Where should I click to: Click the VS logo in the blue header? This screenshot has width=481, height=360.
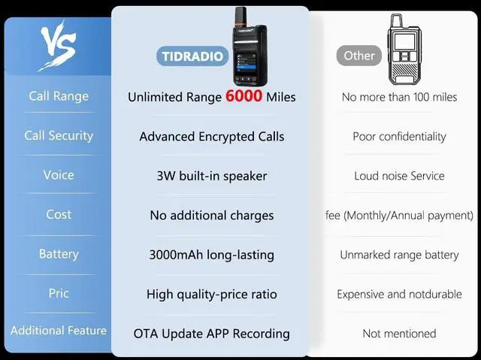tap(58, 44)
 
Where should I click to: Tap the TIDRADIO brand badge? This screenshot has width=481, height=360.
tap(192, 56)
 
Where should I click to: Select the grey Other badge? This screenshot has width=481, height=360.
tap(359, 56)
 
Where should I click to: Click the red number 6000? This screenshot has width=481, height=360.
tap(244, 95)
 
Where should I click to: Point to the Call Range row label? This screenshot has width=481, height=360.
tap(59, 96)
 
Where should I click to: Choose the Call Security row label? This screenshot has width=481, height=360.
tap(59, 135)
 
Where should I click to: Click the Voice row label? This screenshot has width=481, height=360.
tap(59, 175)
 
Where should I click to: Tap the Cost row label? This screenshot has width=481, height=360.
tap(59, 214)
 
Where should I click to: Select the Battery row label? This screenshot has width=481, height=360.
tap(59, 254)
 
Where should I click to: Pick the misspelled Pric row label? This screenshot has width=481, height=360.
tap(59, 293)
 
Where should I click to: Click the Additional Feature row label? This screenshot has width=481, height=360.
tap(59, 330)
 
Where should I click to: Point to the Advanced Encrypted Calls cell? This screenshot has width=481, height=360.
tap(212, 137)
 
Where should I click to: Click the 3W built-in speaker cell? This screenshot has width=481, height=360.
tap(212, 176)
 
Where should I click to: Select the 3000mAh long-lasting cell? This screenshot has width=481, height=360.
tap(212, 255)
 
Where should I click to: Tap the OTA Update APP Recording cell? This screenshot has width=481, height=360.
tap(212, 334)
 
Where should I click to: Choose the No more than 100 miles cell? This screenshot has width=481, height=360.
tap(399, 97)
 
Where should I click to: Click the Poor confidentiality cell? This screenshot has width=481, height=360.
tap(399, 137)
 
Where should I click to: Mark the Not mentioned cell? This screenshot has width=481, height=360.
tap(399, 334)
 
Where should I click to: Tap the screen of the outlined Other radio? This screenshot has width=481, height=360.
tap(404, 41)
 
